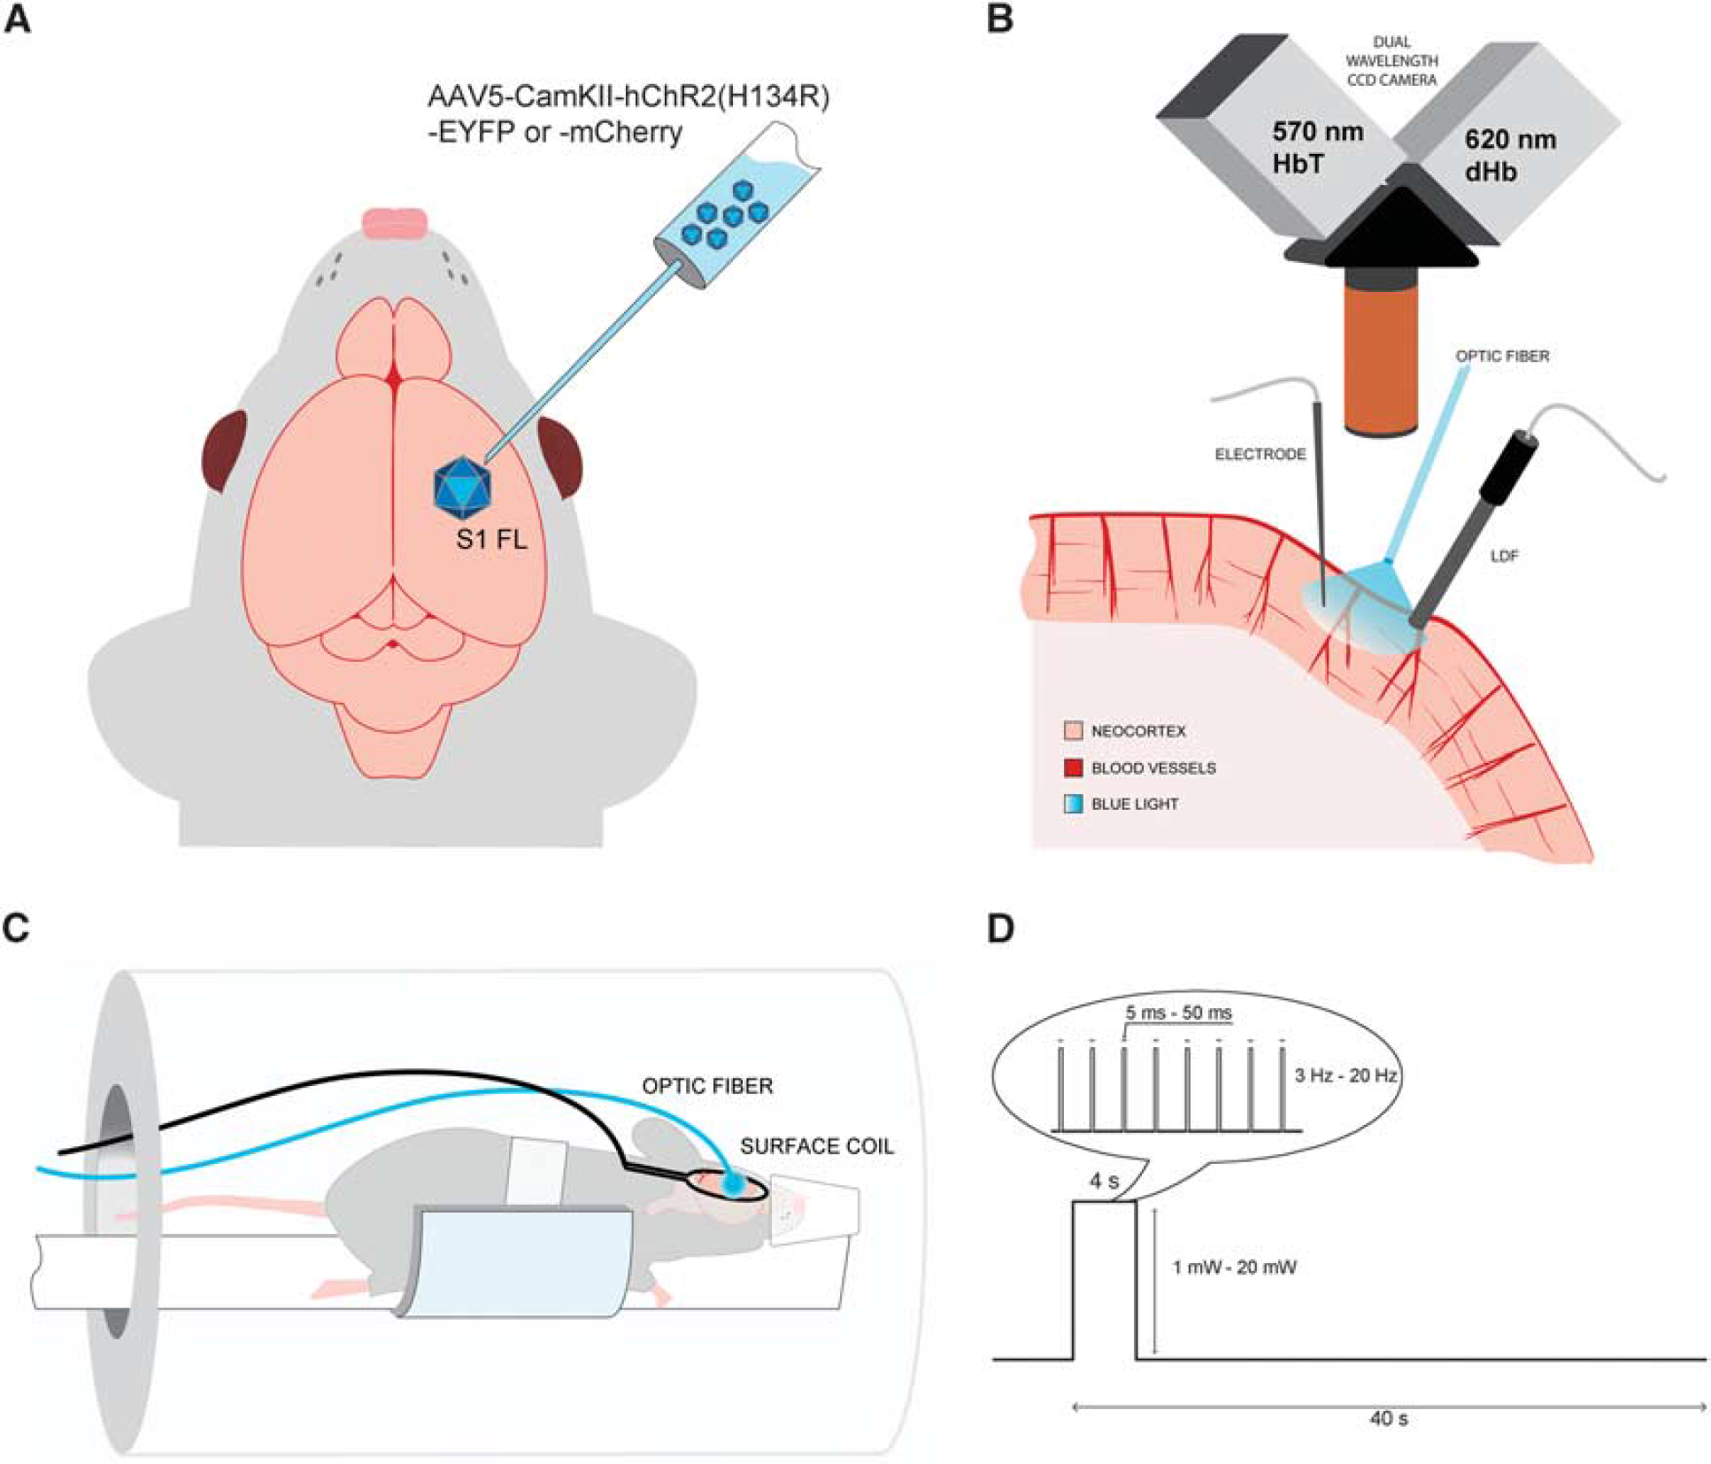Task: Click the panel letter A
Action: pos(18,19)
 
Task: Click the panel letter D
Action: pos(1000,928)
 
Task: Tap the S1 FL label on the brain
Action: pos(491,538)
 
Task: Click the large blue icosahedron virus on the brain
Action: pos(462,487)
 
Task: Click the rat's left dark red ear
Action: pos(223,452)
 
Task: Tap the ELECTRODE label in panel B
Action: pos(1260,454)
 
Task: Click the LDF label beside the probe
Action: pos(1505,556)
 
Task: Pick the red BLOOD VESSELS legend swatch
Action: pos(1073,767)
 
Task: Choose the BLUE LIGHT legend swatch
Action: pos(1073,804)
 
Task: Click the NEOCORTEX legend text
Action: pos(1138,731)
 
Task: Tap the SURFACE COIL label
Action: pos(817,1146)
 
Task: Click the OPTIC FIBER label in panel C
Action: pos(707,1086)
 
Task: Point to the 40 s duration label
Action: pos(1389,1419)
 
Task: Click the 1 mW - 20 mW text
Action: pos(1234,1268)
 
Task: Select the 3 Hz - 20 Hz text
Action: pos(1345,1075)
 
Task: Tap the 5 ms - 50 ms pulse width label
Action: pos(1179,1012)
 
